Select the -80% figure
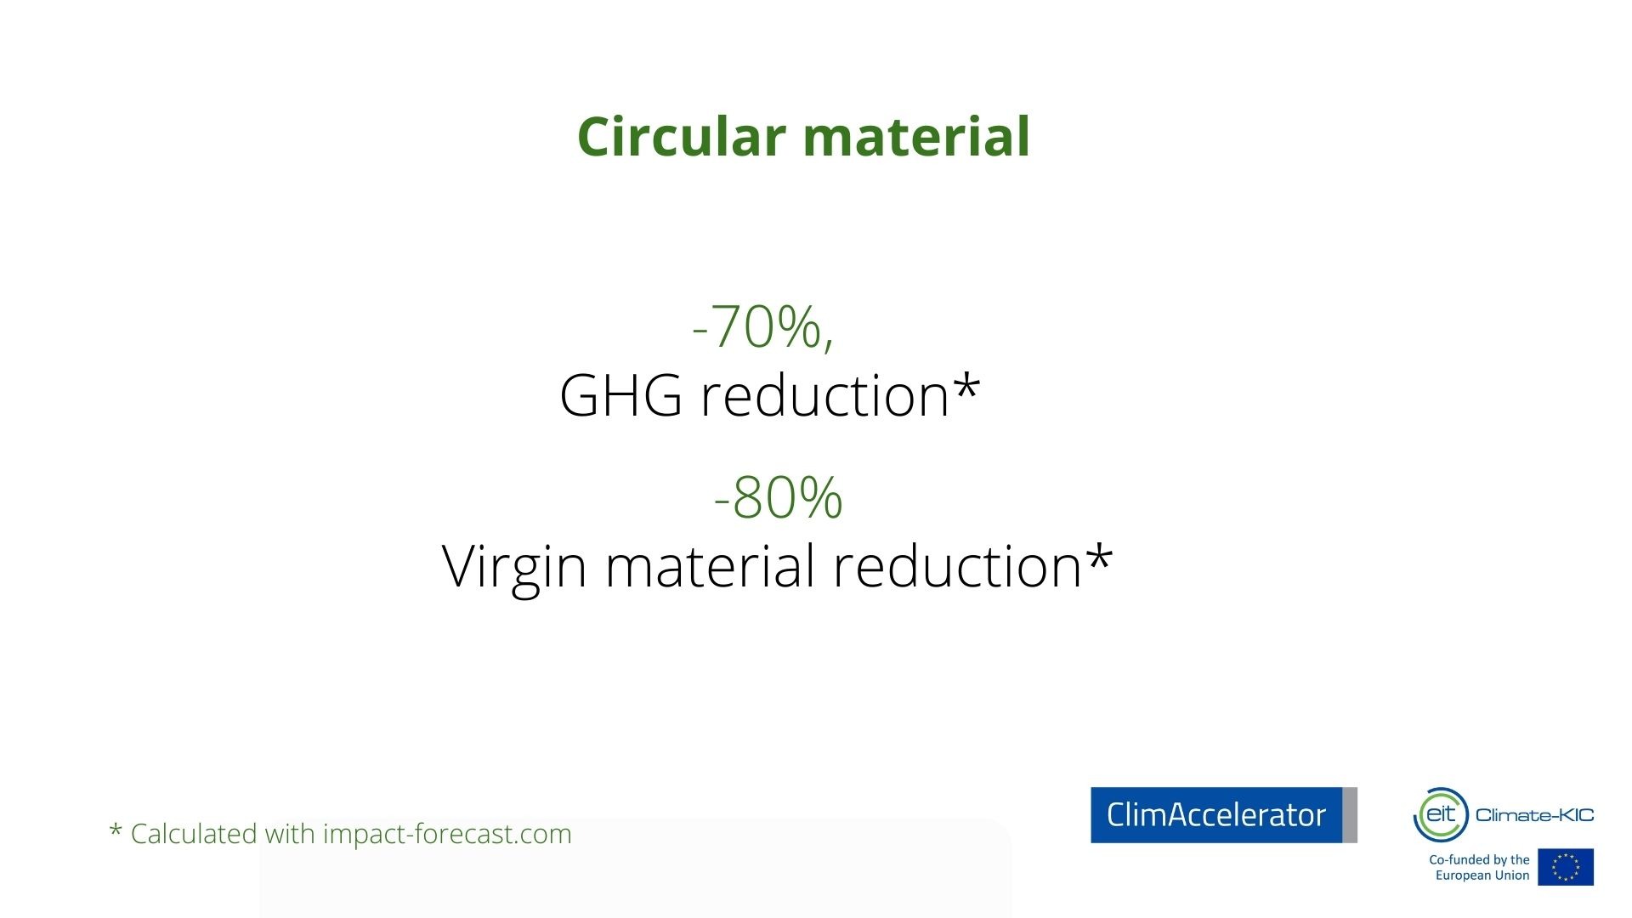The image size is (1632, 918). tap(779, 497)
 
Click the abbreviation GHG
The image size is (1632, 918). tap(620, 396)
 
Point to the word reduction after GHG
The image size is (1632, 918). tap(824, 395)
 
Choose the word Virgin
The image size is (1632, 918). tap(514, 568)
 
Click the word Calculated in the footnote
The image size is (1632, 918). tap(194, 834)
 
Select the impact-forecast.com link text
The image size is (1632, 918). tap(447, 835)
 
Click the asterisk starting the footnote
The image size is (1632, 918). tap(116, 830)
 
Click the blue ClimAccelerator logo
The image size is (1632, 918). tap(1224, 815)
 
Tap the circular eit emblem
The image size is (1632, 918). tap(1441, 814)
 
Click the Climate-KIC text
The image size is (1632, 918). tap(1535, 815)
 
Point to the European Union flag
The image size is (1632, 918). tap(1566, 867)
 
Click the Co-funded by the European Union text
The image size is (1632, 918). tap(1479, 867)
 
